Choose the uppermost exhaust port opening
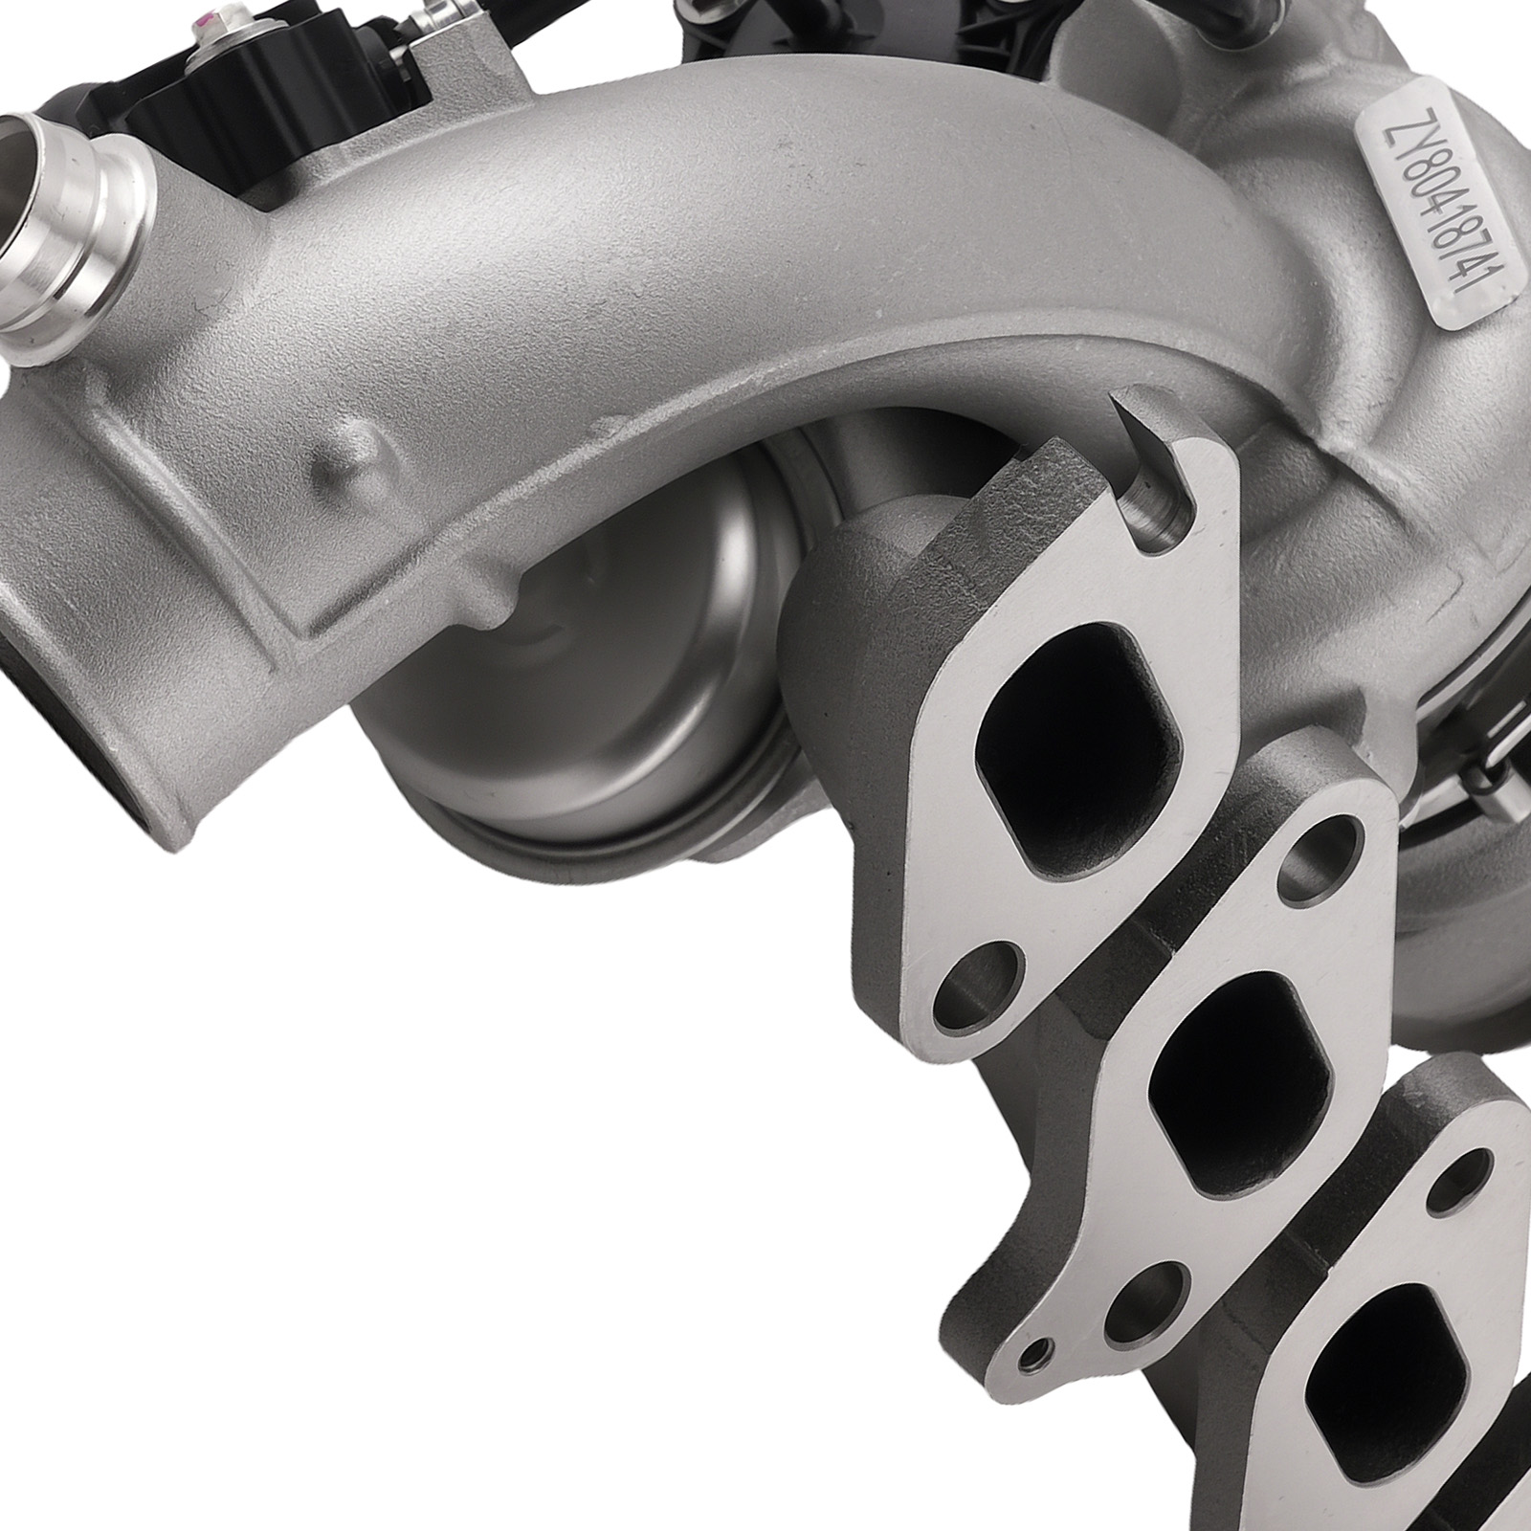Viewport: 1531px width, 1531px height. point(1076,727)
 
